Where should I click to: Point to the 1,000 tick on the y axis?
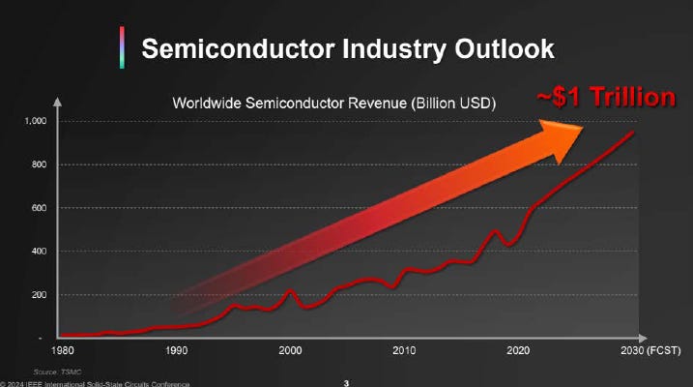[x=33, y=121]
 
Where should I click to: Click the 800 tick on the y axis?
[x=37, y=164]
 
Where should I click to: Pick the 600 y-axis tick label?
[x=37, y=208]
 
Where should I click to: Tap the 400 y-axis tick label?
[x=37, y=252]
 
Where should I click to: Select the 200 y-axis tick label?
[x=37, y=295]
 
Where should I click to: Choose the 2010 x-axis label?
[x=405, y=349]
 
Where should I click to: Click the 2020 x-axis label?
[x=520, y=349]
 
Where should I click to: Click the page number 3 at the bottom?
[x=347, y=383]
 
